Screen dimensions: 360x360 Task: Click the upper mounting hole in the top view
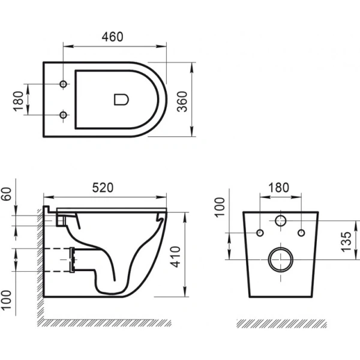(x=64, y=83)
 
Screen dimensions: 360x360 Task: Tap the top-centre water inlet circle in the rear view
(x=280, y=221)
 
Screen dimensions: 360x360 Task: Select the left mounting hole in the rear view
(x=259, y=232)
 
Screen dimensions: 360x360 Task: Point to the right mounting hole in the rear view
(x=301, y=232)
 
